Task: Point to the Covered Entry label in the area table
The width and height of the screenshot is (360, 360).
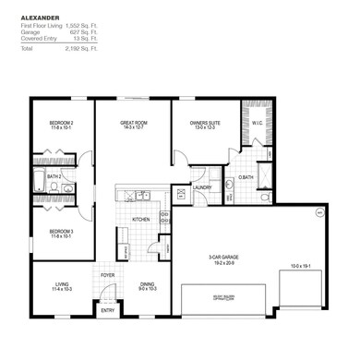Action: tap(38, 38)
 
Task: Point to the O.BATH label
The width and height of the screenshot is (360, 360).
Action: tap(246, 177)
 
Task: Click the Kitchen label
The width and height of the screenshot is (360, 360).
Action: tap(140, 219)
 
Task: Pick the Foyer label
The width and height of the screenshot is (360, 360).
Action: tap(108, 275)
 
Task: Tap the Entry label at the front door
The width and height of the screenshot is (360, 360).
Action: tap(108, 309)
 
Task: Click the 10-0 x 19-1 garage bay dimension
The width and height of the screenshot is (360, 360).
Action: tap(300, 266)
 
